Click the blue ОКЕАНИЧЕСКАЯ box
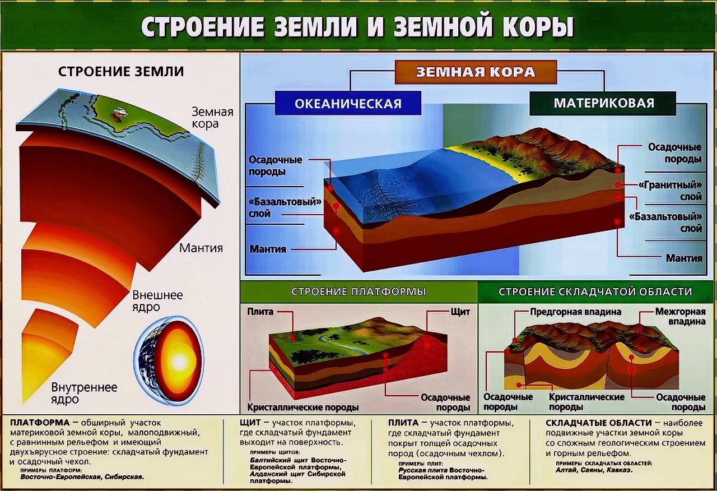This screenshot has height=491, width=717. [x=348, y=104]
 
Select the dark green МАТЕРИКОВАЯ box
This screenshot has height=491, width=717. [x=603, y=103]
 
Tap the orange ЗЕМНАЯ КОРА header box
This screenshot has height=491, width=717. [x=476, y=72]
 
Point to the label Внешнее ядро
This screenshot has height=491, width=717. [x=157, y=301]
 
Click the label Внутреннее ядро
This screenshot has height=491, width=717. [x=84, y=393]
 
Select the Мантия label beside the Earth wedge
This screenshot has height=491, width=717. [x=201, y=248]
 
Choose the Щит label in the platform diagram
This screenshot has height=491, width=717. [x=460, y=312]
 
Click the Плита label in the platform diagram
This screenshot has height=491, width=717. [x=260, y=312]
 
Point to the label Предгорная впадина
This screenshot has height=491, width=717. [x=575, y=312]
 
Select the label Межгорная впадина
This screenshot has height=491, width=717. [x=680, y=317]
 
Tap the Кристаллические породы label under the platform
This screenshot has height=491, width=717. [x=303, y=407]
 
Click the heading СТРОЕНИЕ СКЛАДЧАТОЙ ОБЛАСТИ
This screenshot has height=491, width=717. [x=595, y=292]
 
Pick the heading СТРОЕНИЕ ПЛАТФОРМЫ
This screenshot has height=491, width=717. [x=358, y=292]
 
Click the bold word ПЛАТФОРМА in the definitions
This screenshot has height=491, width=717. [x=40, y=423]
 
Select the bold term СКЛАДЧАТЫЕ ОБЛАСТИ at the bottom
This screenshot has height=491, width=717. [x=599, y=423]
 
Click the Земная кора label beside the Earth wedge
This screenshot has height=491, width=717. [x=212, y=118]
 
